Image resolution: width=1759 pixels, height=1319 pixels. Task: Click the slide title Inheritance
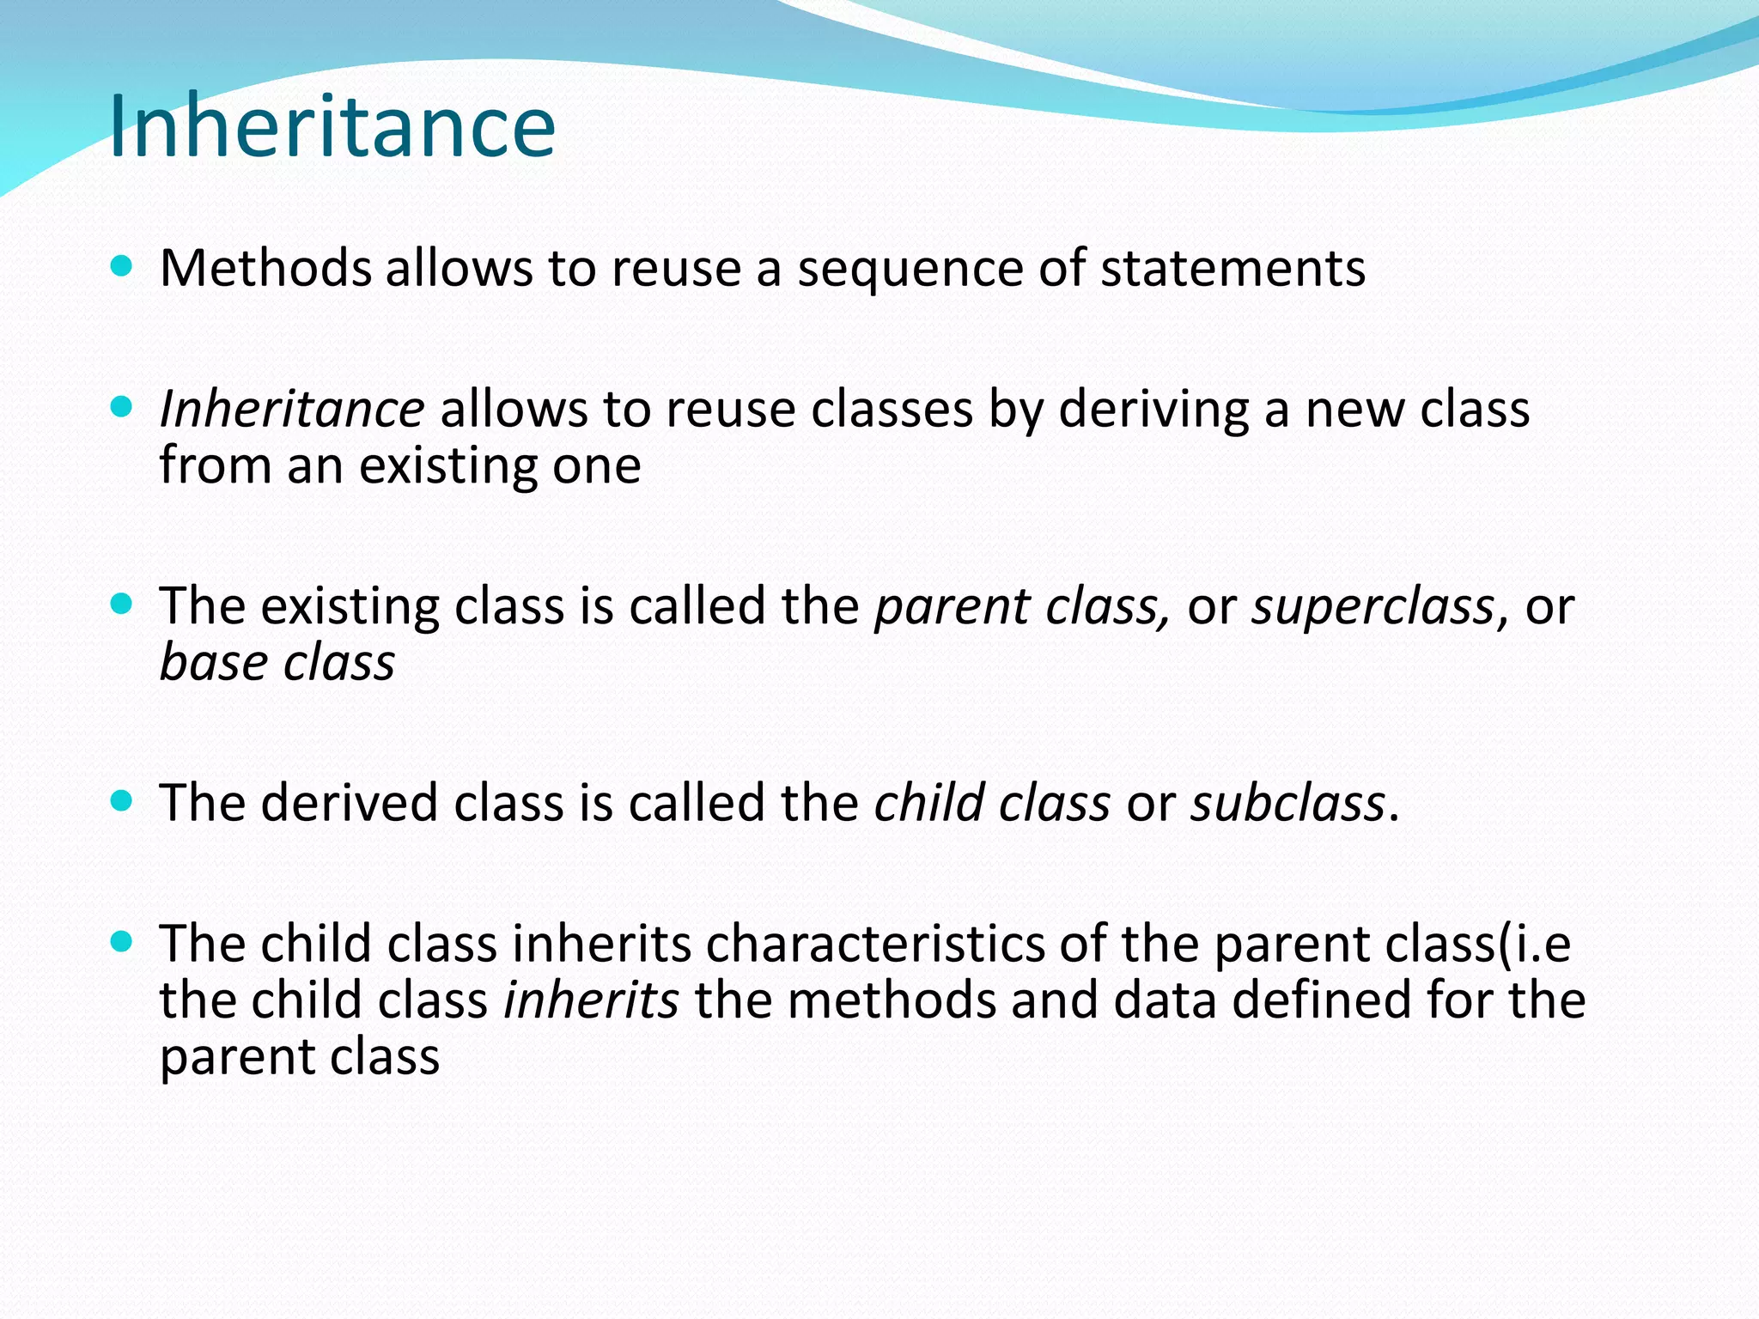[x=332, y=127]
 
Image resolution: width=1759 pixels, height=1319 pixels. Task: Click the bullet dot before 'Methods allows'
[x=122, y=266]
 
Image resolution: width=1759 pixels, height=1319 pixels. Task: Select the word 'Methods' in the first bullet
[x=265, y=268]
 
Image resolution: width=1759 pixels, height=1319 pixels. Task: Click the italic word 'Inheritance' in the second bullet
[x=292, y=409]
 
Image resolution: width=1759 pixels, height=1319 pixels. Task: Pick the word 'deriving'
[x=1153, y=410]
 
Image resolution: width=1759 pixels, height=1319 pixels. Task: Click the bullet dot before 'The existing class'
[x=122, y=604]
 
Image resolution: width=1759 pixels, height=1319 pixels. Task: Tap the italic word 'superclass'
[x=1373, y=607]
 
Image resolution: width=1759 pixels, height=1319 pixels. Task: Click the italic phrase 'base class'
[x=277, y=663]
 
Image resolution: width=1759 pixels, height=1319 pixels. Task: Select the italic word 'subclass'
[x=1287, y=803]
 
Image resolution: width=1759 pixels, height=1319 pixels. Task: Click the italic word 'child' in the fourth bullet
[x=928, y=803]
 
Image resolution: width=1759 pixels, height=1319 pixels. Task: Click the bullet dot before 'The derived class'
[x=122, y=801]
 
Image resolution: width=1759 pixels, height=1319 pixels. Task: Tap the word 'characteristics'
[x=874, y=944]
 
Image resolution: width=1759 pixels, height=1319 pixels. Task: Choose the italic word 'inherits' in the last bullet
[x=591, y=1000]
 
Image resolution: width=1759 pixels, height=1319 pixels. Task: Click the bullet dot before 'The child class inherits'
[x=122, y=942]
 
